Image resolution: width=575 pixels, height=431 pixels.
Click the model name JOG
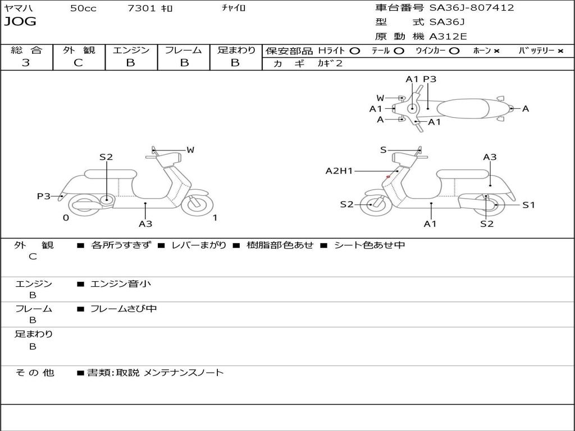pos(20,22)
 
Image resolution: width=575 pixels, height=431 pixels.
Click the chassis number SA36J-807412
pos(472,8)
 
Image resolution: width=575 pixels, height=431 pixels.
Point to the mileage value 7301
pos(143,8)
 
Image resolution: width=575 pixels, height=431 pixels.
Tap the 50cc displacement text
pos(83,8)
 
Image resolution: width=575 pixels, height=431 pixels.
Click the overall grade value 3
pos(26,62)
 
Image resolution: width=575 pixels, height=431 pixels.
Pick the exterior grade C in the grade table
pos(79,62)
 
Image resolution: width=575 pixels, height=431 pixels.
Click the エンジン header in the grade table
pos(131,50)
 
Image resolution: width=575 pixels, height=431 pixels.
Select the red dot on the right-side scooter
pos(388,177)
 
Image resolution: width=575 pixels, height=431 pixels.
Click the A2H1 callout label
pos(339,171)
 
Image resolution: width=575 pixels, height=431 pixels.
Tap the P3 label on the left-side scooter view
pos(44,196)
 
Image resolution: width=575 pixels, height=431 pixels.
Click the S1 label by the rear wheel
pos(529,205)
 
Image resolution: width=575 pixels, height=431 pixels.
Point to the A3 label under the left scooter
pos(145,224)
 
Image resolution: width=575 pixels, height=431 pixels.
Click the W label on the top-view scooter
pos(381,98)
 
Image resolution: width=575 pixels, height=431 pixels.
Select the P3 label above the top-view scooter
pos(430,79)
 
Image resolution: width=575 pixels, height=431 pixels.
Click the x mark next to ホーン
pos(496,51)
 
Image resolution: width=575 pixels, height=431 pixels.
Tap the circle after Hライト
pos(355,51)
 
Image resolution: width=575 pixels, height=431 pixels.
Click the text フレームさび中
pos(124,309)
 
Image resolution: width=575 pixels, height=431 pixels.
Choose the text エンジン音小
pos(121,284)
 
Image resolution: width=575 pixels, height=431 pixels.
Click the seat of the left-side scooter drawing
pos(110,173)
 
